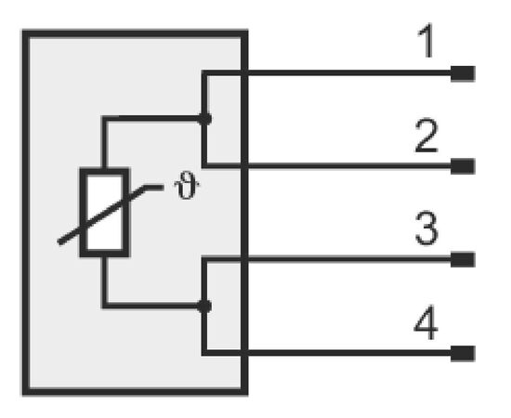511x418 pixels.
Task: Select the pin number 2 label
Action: [426, 136]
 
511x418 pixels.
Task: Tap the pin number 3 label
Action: [426, 229]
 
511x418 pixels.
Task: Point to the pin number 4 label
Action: [426, 322]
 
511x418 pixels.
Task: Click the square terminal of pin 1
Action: [463, 73]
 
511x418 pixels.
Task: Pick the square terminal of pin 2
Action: [463, 166]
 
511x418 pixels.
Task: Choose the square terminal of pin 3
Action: [463, 260]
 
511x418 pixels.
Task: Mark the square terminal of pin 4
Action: [463, 354]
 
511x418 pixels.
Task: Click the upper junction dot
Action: [204, 119]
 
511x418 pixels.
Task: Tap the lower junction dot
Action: [204, 307]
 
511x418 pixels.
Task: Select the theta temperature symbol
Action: [187, 186]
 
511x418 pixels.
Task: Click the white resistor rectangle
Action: [104, 213]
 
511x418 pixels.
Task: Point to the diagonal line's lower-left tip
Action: [59, 242]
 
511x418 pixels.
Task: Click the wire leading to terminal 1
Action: [326, 73]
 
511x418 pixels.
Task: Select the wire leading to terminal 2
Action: [326, 166]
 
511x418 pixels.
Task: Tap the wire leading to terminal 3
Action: [326, 260]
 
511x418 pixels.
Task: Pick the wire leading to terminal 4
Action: [326, 353]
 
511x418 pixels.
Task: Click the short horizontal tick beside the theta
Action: [154, 188]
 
